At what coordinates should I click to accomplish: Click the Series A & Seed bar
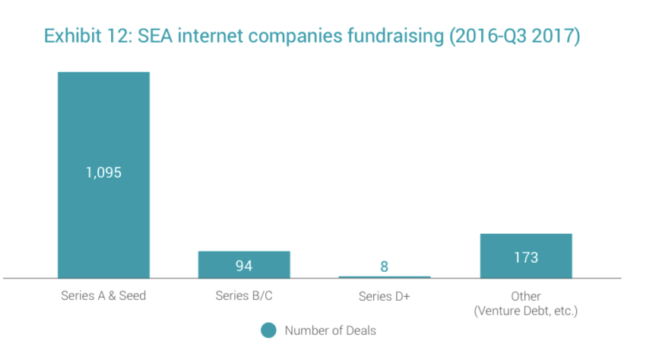click(103, 122)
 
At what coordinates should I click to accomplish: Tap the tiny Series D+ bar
click(385, 277)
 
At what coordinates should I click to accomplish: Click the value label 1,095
click(103, 172)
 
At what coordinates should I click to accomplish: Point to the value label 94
click(244, 265)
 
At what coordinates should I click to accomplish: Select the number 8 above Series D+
click(385, 266)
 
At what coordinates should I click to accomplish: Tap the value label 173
click(526, 257)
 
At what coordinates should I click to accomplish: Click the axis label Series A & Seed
click(103, 296)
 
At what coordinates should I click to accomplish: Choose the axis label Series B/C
click(244, 296)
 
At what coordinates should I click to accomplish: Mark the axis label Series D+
click(385, 296)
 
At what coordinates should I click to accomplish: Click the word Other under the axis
click(526, 296)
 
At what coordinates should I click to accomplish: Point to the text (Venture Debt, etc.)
click(526, 311)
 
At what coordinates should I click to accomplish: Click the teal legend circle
click(268, 330)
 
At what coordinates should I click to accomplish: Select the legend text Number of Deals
click(330, 330)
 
